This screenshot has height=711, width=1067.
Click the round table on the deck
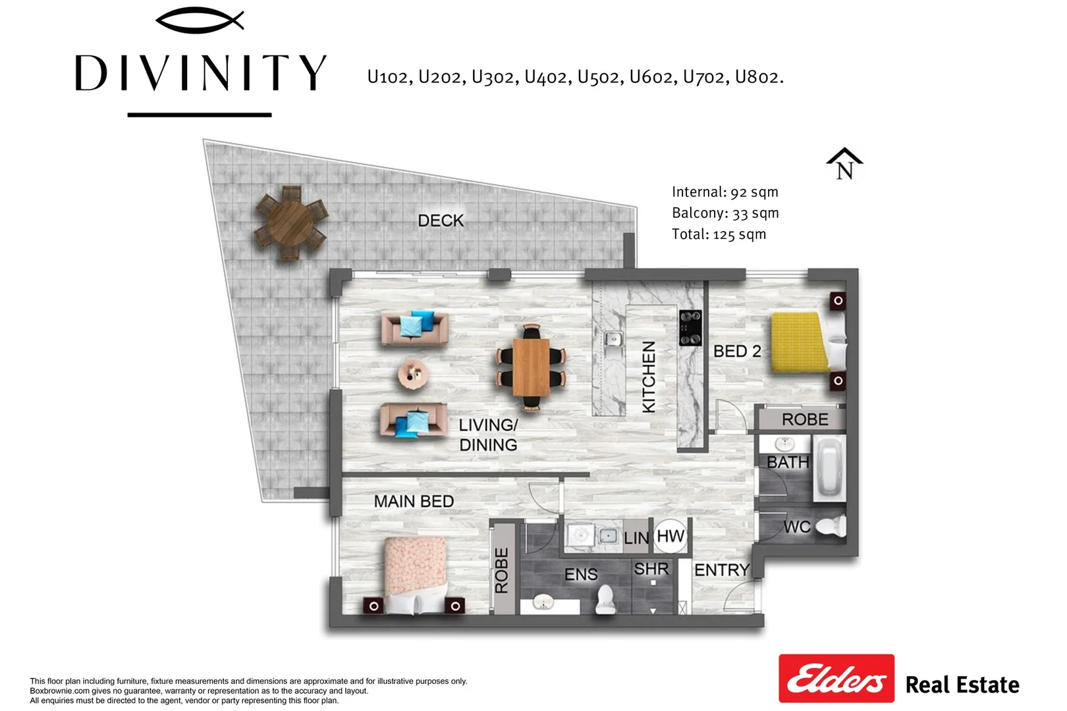coord(291,224)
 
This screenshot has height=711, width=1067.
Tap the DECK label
coord(441,221)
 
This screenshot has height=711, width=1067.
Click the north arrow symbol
coord(844,164)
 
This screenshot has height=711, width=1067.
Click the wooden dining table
coord(531,367)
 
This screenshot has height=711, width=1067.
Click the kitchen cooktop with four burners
coord(690,327)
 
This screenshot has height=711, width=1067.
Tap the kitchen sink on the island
coord(613,340)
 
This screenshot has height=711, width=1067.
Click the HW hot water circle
coord(670,536)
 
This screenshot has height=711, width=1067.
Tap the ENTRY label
coord(721,569)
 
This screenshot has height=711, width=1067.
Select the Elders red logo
coord(836,678)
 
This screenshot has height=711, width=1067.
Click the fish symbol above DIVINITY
coord(200,20)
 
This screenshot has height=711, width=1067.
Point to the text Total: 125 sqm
coord(719,234)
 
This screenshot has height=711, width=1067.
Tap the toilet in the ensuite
coord(605,598)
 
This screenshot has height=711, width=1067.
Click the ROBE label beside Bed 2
coord(804,419)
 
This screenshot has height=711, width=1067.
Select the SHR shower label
coord(651,569)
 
